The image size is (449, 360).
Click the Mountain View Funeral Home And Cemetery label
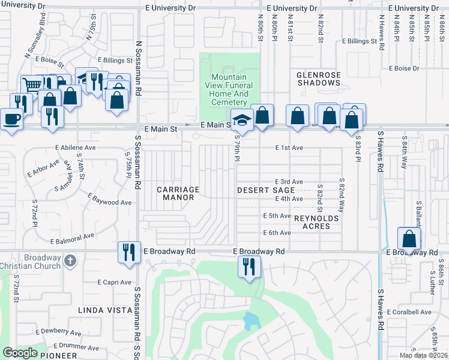229,89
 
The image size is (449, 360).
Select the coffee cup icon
11,119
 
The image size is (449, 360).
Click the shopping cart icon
31,85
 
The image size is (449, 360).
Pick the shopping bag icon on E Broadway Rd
409,238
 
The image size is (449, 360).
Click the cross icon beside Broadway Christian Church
71,260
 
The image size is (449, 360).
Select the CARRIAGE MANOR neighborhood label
178,193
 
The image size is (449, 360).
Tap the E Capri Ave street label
114,282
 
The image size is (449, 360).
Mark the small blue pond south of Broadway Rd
249,323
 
